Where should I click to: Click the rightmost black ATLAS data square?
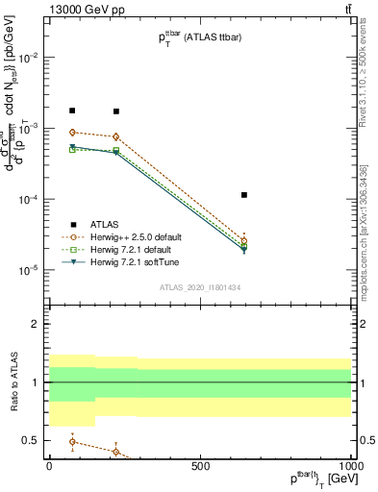click(244, 195)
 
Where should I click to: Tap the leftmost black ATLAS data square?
click(72, 111)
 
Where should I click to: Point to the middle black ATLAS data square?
click(116, 111)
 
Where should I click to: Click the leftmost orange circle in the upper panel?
click(72, 133)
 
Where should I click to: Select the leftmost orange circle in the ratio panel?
click(72, 442)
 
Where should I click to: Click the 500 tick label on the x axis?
click(200, 466)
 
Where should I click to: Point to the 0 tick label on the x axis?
click(48, 466)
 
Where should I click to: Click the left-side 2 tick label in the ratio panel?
click(37, 324)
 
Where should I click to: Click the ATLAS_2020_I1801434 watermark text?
click(200, 286)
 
